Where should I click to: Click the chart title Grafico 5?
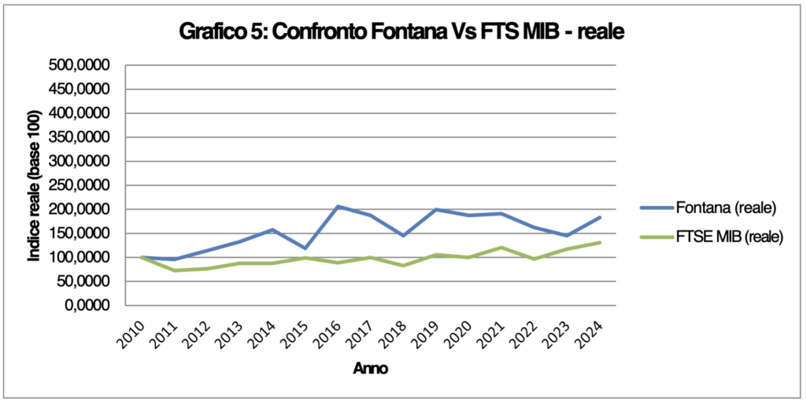[x=402, y=32]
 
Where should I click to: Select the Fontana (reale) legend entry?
[x=726, y=208]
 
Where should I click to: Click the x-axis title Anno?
[x=369, y=367]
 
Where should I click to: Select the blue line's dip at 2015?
[x=305, y=248]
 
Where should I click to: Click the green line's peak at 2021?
[x=502, y=248]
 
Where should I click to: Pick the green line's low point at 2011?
[x=174, y=270]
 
